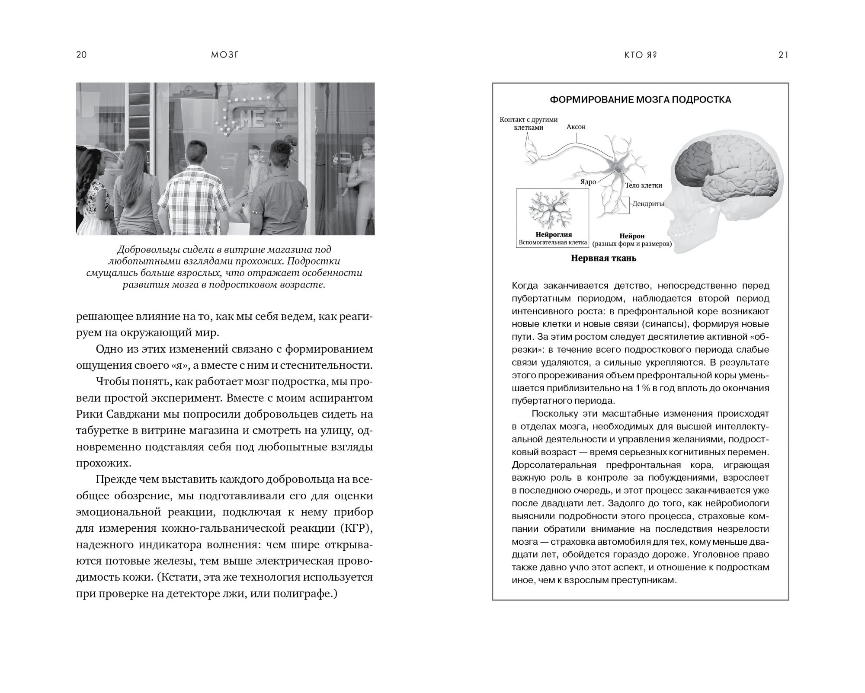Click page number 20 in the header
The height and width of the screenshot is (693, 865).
[x=81, y=54]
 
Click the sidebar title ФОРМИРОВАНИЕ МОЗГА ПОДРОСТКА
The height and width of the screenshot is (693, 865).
[x=640, y=100]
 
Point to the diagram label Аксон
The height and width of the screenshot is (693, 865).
[x=576, y=127]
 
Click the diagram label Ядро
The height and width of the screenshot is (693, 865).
[x=588, y=182]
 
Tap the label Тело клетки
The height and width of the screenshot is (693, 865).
[x=644, y=185]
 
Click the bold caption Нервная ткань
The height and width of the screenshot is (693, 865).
[x=604, y=259]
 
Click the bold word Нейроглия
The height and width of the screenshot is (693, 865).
[x=554, y=235]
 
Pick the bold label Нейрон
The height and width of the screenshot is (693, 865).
[x=632, y=236]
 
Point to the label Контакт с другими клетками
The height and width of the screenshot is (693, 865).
[x=529, y=123]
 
